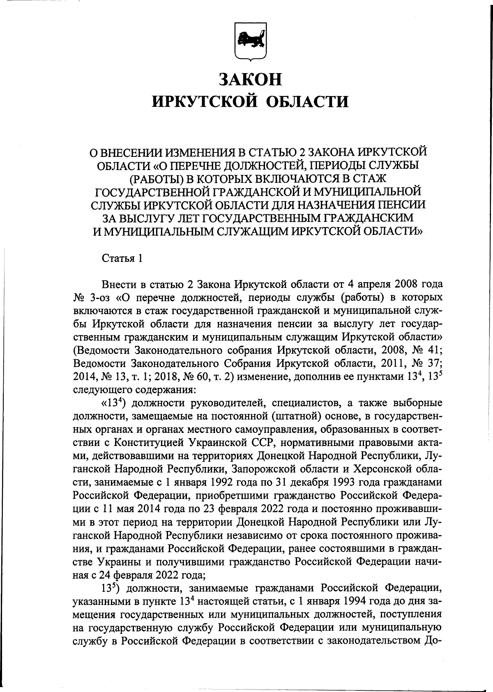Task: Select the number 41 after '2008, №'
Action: pyautogui.click(x=434, y=350)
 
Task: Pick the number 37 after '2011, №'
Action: pyautogui.click(x=434, y=363)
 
